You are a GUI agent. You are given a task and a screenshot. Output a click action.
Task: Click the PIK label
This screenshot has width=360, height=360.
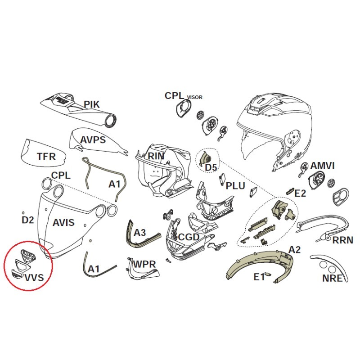pos(92,104)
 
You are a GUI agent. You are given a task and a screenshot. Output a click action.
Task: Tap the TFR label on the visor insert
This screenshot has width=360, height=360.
pos(46,157)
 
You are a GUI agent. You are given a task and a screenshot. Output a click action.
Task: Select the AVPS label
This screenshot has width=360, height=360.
pos(93,140)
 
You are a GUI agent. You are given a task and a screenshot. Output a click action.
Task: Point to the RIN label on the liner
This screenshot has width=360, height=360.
pos(156,156)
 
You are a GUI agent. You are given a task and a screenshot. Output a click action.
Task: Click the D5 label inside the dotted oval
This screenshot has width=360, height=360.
pos(211,167)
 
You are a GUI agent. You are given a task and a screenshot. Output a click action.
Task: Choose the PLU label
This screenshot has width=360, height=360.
pos(235,186)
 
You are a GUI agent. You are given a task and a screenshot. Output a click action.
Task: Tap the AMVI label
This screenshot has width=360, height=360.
pos(322,166)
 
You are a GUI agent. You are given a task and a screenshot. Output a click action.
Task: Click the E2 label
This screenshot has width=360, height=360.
pos(300,193)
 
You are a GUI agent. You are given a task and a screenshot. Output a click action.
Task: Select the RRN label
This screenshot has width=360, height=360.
pos(343,240)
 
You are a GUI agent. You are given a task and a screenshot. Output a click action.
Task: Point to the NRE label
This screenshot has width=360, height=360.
pos(332,278)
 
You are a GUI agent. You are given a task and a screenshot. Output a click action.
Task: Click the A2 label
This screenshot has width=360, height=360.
pos(294,250)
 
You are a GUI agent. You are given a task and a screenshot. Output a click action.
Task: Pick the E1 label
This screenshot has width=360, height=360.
pos(259,277)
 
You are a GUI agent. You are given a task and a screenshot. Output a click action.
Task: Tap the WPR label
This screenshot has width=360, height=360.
pos(144,264)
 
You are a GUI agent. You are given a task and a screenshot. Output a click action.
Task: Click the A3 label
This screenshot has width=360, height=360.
pos(139,233)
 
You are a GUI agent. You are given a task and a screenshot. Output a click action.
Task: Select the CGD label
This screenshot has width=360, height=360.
pos(189,237)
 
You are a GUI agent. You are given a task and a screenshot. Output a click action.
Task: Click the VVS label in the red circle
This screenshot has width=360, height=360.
pos(34,278)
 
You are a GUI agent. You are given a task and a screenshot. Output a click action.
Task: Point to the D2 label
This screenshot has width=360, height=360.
pos(28,220)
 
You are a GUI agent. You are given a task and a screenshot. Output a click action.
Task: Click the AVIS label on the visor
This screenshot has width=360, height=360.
pos(63,222)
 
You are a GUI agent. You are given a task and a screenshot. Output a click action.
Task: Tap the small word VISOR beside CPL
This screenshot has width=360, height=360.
pos(195,97)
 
